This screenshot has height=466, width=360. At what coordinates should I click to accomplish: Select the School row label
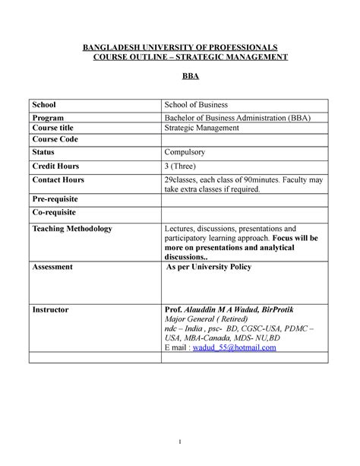[45, 104]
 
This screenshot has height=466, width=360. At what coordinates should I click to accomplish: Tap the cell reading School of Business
[197, 104]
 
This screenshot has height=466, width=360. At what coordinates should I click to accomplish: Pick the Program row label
[49, 118]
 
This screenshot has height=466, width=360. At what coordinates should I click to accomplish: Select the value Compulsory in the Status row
[189, 153]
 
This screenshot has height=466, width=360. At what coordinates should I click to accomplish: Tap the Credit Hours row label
[55, 166]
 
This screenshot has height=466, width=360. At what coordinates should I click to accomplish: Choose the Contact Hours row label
[58, 180]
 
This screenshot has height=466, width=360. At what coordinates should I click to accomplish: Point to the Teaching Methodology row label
[71, 228]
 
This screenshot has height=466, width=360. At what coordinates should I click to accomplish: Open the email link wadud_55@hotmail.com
[235, 347]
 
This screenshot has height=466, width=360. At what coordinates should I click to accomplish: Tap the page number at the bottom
[180, 443]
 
